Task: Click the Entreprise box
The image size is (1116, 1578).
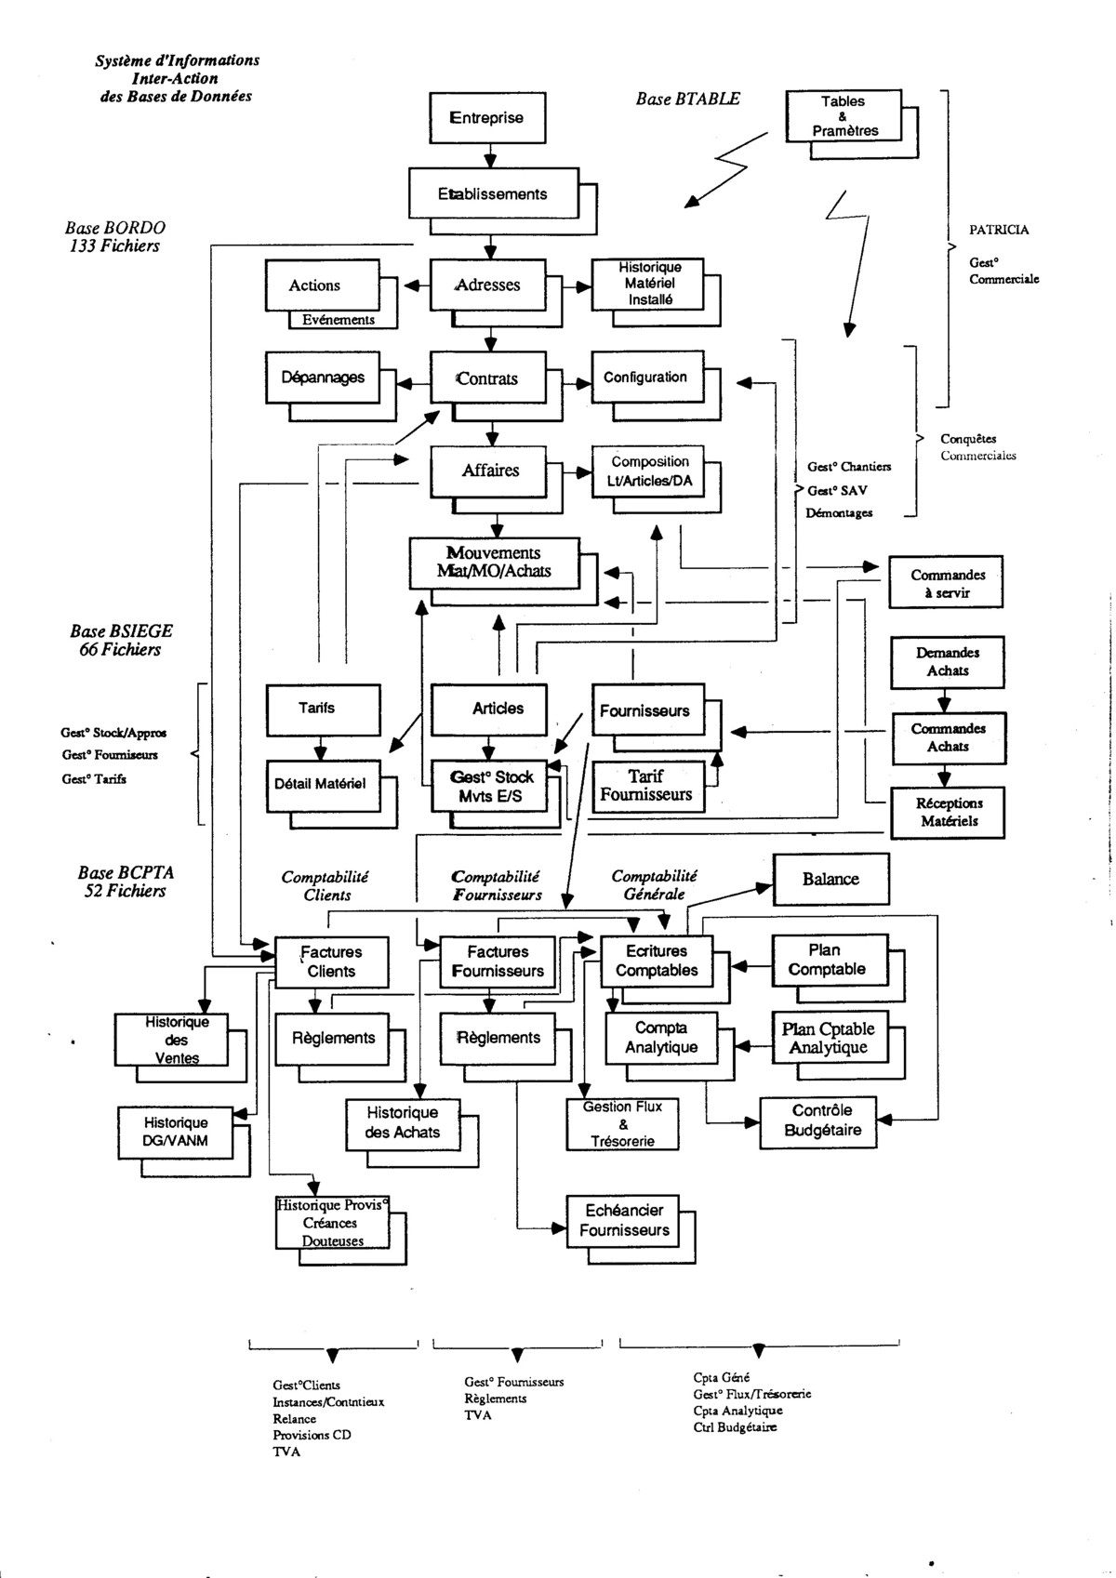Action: click(x=487, y=118)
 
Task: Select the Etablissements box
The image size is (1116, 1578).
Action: click(x=494, y=194)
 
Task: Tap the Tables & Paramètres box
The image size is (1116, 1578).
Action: click(x=843, y=116)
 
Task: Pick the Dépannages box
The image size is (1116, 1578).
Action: click(x=323, y=378)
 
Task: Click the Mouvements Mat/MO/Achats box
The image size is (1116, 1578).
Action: click(x=494, y=563)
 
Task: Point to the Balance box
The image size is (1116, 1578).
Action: click(x=830, y=879)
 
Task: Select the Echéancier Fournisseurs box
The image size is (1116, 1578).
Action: click(x=624, y=1220)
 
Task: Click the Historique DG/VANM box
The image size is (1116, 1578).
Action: click(x=176, y=1132)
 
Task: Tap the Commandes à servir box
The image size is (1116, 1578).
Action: click(x=947, y=583)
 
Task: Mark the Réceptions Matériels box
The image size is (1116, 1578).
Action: click(x=948, y=812)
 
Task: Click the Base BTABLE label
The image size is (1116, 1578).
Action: click(x=688, y=99)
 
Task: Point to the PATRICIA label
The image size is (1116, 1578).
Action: click(x=999, y=230)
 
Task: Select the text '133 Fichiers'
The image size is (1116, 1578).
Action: click(x=114, y=246)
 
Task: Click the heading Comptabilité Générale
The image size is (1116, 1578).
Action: click(x=653, y=885)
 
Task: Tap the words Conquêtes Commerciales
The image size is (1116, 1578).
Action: click(x=976, y=447)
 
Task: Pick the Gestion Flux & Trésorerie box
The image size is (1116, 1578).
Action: click(x=622, y=1123)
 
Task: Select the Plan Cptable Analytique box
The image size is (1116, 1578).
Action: click(x=828, y=1038)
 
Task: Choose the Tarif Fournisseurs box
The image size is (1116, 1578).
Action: click(x=645, y=786)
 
